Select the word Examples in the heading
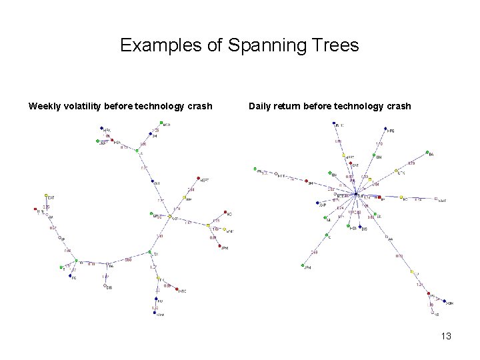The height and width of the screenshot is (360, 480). point(161,45)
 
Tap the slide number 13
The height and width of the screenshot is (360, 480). point(446,336)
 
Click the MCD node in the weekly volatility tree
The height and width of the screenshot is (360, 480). point(161,123)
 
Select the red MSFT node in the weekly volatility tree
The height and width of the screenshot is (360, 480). point(198,179)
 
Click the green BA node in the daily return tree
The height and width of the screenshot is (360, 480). point(431,155)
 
